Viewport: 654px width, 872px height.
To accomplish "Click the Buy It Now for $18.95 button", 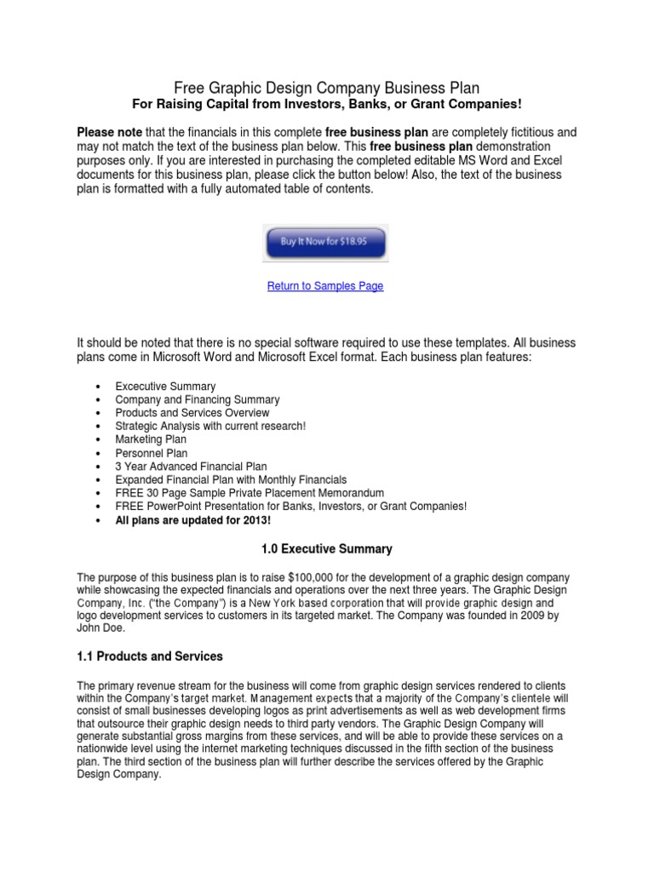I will point(326,242).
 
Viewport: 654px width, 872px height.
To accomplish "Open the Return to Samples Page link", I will point(325,286).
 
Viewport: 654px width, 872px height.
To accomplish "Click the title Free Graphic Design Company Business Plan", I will point(327,87).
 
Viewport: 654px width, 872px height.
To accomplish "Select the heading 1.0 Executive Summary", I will point(326,549).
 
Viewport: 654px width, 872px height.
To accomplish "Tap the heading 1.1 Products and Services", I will point(150,656).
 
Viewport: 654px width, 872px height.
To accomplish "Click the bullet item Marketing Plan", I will point(151,439).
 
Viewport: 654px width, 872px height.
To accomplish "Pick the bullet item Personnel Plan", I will point(152,453).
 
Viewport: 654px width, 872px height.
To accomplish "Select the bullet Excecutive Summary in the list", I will point(165,386).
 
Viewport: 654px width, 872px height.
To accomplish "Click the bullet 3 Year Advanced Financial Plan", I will point(191,467).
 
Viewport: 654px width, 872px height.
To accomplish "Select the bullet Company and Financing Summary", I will point(198,399).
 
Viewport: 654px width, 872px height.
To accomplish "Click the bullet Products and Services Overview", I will point(192,413).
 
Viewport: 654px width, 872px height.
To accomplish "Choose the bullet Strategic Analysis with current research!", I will point(210,426).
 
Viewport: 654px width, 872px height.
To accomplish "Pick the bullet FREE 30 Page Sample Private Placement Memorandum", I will point(250,493).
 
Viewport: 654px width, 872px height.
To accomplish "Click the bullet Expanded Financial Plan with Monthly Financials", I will point(231,480).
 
